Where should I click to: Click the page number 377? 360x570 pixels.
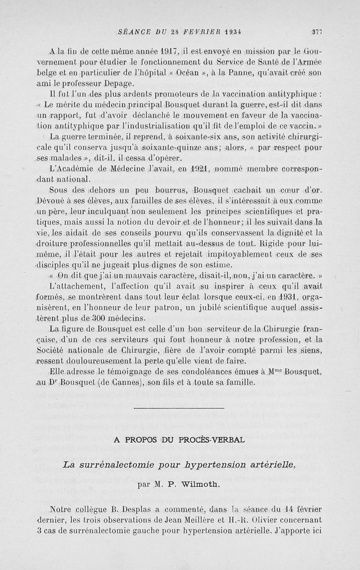317,31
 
